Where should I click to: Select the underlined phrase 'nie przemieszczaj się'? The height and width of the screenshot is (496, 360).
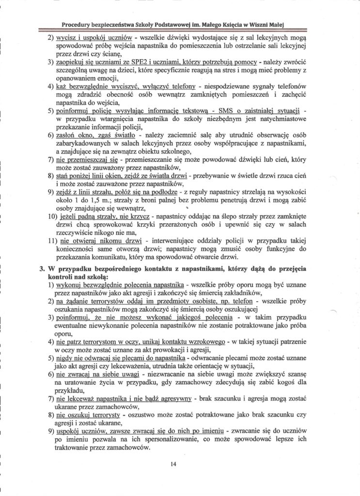88,159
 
